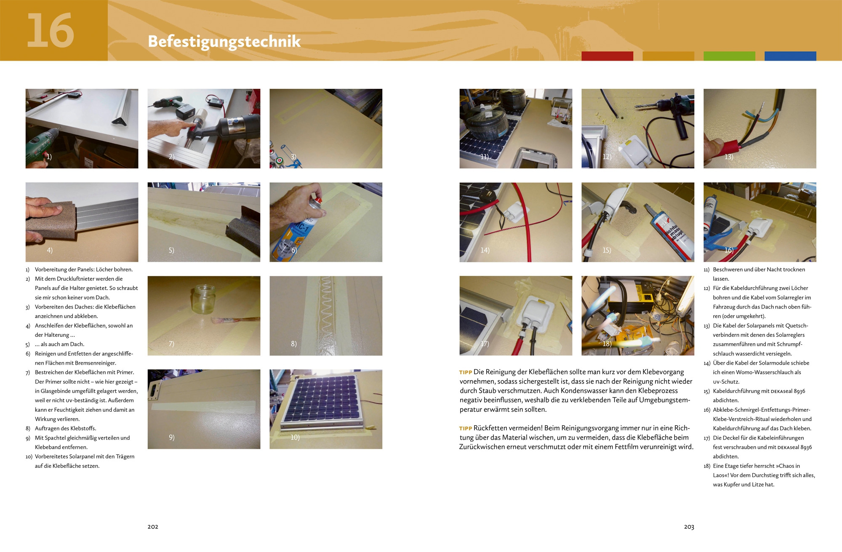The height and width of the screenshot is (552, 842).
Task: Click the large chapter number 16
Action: (x=51, y=30)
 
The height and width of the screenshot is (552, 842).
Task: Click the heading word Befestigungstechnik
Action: (x=224, y=42)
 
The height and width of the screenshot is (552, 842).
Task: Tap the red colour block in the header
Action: (x=607, y=56)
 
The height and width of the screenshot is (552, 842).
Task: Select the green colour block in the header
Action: (x=729, y=56)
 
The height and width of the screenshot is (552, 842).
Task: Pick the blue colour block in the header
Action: (x=790, y=56)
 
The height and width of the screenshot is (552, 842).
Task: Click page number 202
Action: (x=153, y=527)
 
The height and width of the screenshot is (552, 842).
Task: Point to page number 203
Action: (x=689, y=527)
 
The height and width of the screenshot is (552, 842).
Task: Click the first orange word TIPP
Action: (x=466, y=373)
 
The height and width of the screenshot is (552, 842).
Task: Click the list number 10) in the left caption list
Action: (x=29, y=457)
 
